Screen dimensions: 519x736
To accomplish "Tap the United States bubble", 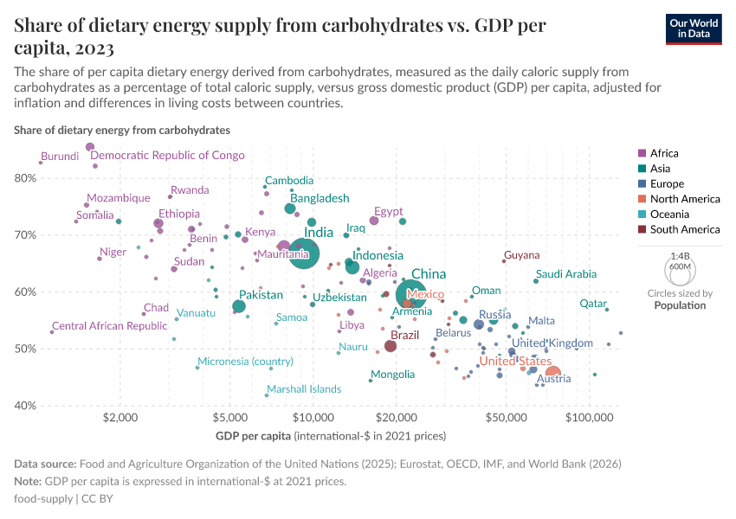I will [x=552, y=375].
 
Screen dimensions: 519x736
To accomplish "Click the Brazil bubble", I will [x=391, y=346].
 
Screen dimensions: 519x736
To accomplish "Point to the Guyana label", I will [x=521, y=255].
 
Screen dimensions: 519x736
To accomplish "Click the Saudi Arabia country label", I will [x=566, y=274].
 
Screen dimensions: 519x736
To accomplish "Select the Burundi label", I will [x=60, y=157].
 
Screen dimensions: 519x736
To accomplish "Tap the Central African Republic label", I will [x=109, y=326].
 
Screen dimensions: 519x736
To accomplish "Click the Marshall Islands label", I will [x=304, y=389].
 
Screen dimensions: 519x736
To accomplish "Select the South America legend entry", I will [x=684, y=229].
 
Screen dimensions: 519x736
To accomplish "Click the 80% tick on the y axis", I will [x=25, y=178].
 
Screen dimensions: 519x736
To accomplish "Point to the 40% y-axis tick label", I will [x=25, y=406].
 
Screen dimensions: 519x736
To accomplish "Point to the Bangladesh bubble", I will [x=290, y=208].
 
